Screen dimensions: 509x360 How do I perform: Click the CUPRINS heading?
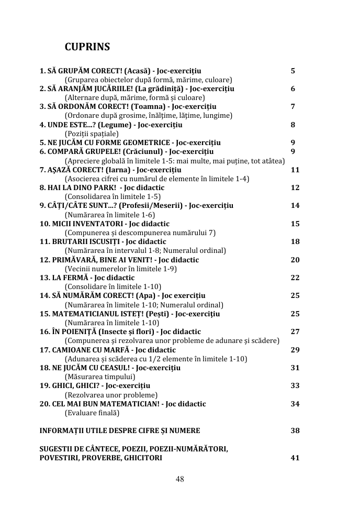[87, 47]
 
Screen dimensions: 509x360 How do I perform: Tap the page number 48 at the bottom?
[179, 479]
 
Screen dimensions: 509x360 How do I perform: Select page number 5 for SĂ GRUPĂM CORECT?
[292, 71]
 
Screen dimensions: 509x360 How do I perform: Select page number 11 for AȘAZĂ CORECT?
[295, 170]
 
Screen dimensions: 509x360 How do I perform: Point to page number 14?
[295, 205]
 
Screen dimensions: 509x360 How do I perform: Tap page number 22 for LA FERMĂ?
[295, 278]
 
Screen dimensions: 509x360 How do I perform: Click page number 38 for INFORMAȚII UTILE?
[295, 430]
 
